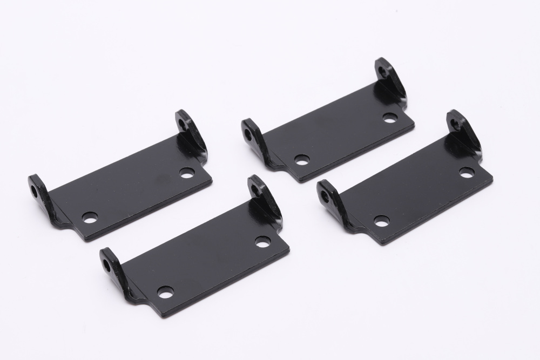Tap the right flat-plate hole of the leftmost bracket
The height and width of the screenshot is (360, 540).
tap(187, 174)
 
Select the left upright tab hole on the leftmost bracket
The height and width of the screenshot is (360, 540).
tap(35, 191)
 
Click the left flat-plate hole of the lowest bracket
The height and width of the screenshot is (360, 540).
tap(165, 291)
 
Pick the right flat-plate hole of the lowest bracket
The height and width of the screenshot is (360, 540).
tap(263, 242)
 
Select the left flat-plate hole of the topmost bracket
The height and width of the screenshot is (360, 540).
tap(302, 160)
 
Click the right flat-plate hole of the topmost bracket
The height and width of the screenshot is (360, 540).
tap(390, 117)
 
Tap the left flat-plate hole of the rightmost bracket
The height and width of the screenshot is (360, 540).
tap(381, 220)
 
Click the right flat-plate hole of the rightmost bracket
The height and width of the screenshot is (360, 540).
tap(467, 173)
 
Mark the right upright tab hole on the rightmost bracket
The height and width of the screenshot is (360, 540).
tap(456, 125)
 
